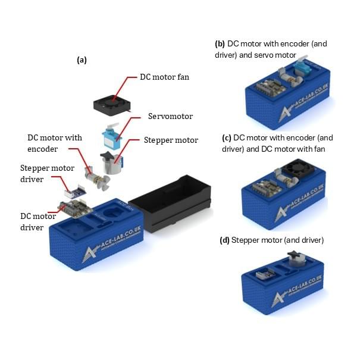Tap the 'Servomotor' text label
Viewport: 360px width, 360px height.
(x=170, y=116)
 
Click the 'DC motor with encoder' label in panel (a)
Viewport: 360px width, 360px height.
(x=55, y=143)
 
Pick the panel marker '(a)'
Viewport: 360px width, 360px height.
(x=82, y=60)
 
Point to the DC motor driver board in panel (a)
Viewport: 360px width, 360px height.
(x=76, y=208)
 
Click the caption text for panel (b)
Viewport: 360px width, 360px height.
(x=271, y=49)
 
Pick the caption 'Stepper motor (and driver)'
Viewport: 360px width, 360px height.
(x=271, y=240)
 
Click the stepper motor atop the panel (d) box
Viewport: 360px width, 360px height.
(x=296, y=258)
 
